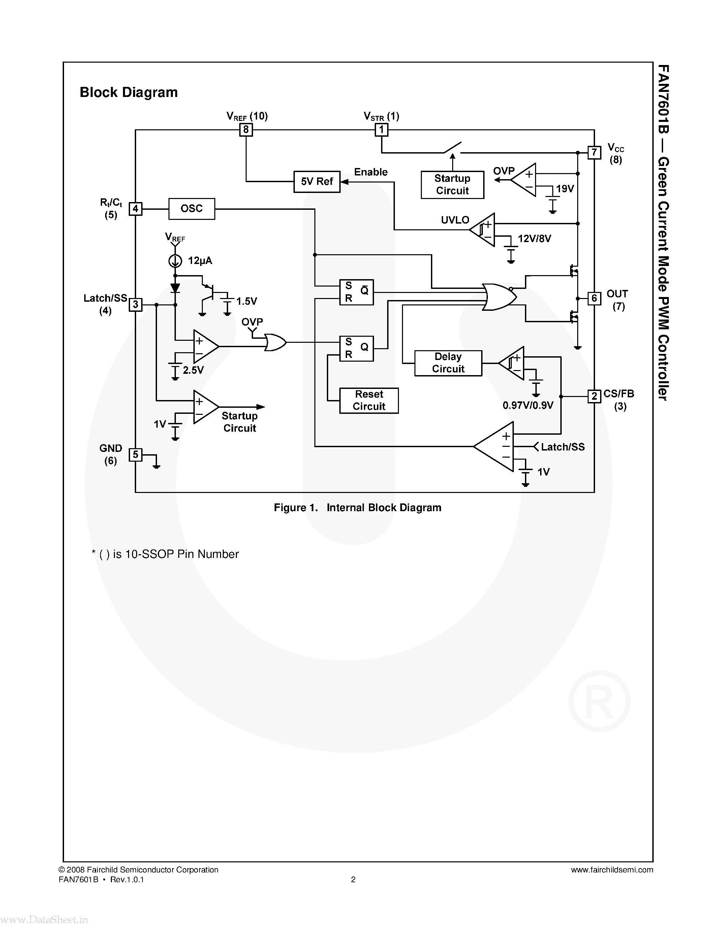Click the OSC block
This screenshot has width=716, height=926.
click(192, 209)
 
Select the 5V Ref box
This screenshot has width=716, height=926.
click(317, 181)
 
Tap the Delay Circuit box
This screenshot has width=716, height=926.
click(448, 363)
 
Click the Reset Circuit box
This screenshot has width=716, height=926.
click(369, 400)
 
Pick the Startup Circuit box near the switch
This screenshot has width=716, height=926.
click(452, 185)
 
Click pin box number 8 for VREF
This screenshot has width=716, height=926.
click(246, 129)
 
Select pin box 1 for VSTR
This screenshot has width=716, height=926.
click(381, 129)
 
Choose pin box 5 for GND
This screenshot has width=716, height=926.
click(135, 455)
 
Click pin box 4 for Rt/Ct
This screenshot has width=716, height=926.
click(135, 209)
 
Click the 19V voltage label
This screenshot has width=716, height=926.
click(565, 189)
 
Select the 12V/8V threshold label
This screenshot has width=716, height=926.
click(534, 239)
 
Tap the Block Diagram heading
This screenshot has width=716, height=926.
click(128, 92)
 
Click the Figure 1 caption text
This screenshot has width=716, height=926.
click(357, 507)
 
